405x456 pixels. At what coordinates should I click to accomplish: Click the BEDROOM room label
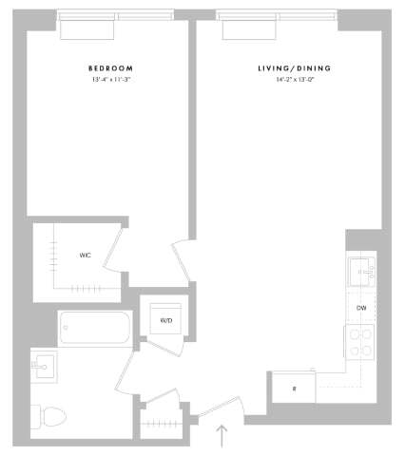coord(110,68)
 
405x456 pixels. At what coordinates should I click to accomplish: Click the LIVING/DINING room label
coord(289,68)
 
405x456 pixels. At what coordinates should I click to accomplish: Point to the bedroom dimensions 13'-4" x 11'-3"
coord(110,80)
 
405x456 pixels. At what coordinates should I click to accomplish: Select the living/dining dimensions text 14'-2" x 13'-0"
coord(289,80)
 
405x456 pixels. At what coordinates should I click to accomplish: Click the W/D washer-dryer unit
coord(165,319)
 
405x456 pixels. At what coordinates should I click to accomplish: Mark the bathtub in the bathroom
coord(93,329)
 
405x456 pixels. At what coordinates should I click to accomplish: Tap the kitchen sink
coord(361,271)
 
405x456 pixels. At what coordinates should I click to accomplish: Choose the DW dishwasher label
coord(361,309)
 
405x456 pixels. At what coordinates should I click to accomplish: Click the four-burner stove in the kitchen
coord(360,342)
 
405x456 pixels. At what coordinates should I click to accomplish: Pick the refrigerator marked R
coord(293,389)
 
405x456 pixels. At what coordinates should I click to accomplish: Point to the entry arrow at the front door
coord(222,436)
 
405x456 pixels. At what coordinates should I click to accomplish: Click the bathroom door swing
coord(133,375)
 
